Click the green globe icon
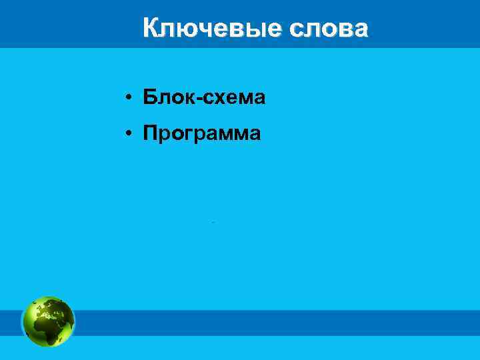click(49, 321)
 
